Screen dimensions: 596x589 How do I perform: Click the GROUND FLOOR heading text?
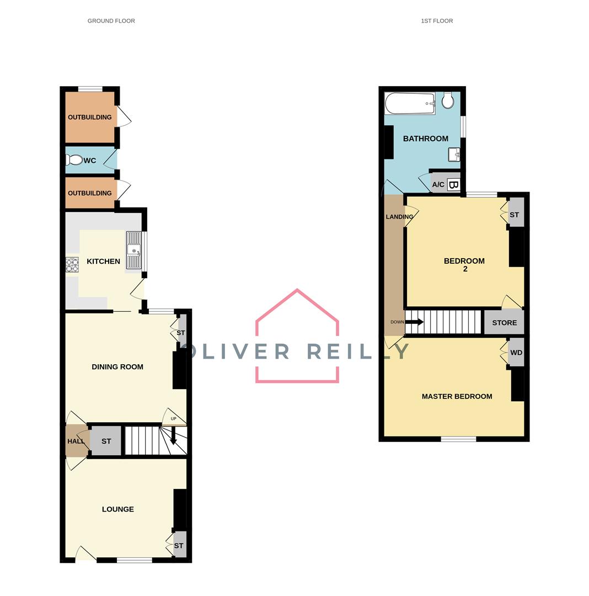[x=111, y=21]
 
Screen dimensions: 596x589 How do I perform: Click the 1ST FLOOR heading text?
[x=437, y=21]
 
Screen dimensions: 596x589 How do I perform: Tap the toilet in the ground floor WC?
[x=74, y=160]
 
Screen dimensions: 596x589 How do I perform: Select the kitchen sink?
[x=134, y=250]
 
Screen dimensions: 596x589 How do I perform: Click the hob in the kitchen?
[x=72, y=265]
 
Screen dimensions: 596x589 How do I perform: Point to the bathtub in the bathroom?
[x=410, y=103]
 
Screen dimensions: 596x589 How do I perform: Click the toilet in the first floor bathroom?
[x=448, y=99]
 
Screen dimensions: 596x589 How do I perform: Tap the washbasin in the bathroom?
[x=454, y=155]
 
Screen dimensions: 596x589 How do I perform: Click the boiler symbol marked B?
[x=453, y=185]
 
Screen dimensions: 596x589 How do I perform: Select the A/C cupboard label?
[x=438, y=185]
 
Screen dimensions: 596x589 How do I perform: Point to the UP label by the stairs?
[x=174, y=419]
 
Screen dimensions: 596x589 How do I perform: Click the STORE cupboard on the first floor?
[x=504, y=323]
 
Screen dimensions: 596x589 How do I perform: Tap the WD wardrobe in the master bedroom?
[x=516, y=353]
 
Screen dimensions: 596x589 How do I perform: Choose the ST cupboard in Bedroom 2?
[x=514, y=215]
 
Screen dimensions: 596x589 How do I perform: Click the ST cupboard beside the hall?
[x=106, y=441]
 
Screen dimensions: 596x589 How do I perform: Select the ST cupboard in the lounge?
[x=179, y=546]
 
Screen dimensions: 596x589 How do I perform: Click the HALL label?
[x=76, y=441]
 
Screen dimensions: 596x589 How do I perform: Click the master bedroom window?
[x=458, y=439]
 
